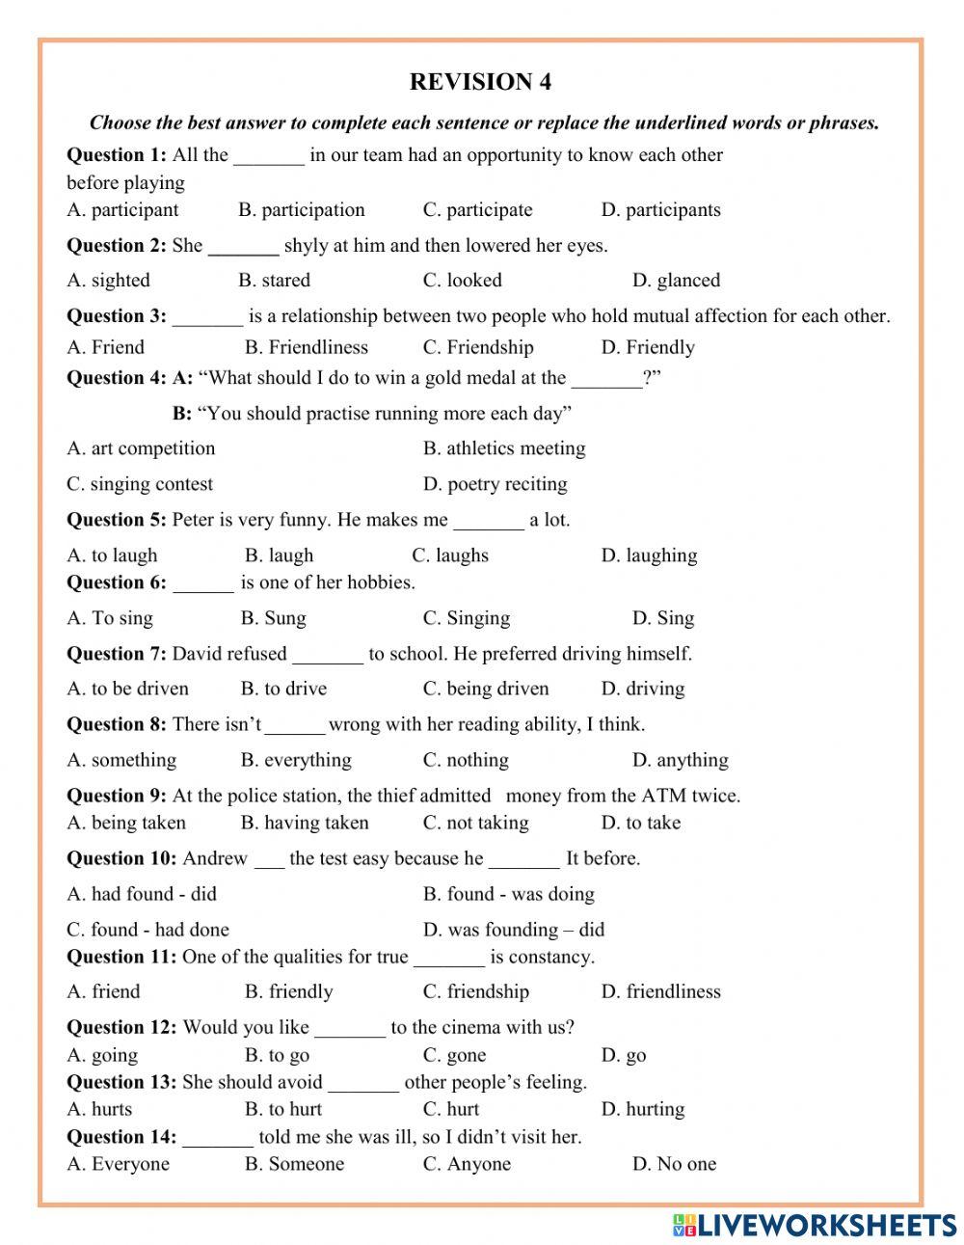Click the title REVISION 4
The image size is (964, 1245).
pos(480,82)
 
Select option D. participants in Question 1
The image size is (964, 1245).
pos(660,210)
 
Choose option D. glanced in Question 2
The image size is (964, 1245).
pos(676,281)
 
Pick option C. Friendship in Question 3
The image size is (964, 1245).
pos(477,347)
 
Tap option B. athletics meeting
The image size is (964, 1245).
pos(503,448)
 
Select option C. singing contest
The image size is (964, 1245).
pos(140,484)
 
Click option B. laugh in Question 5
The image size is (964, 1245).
pos(279,555)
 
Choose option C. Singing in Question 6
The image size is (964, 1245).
pos(466,618)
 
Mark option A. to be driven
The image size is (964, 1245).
pos(127,689)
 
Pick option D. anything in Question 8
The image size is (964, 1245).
pos(680,760)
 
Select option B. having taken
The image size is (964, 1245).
pos(305,823)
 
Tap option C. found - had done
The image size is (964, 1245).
pos(147,930)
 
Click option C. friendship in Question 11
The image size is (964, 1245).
pos(475,991)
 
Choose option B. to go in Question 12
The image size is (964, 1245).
pos(277,1055)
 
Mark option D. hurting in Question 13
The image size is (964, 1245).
pos(642,1109)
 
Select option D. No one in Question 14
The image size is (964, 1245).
pos(674,1164)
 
